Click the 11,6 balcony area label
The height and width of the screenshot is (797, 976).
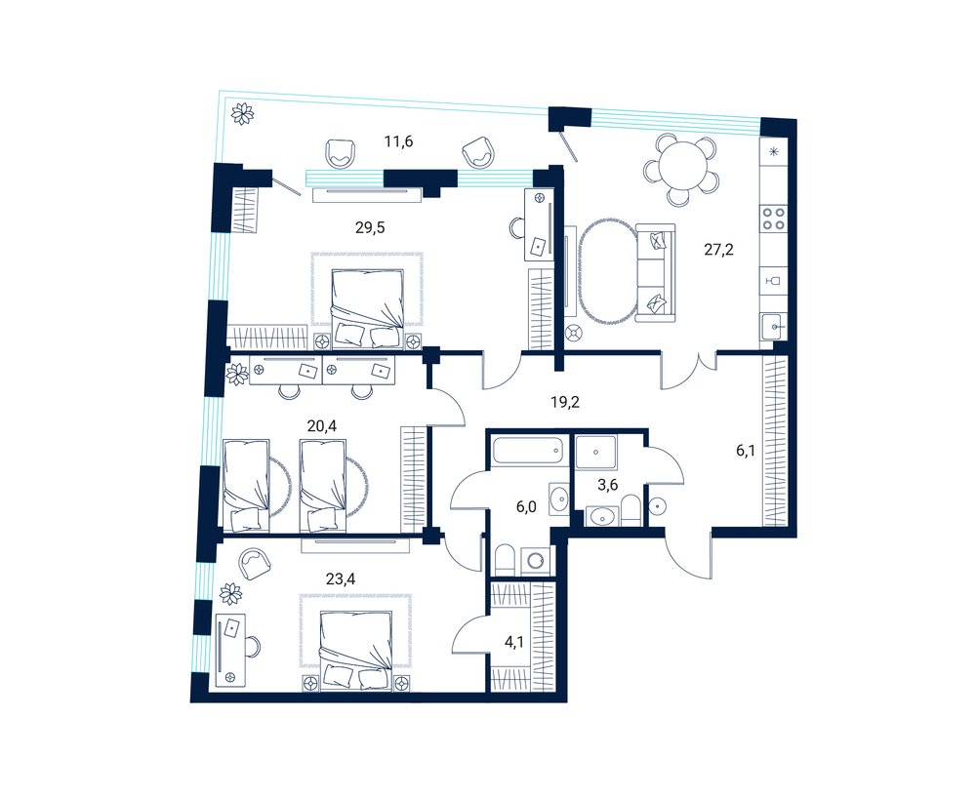pyautogui.click(x=398, y=141)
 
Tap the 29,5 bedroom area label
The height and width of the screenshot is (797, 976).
pyautogui.click(x=370, y=227)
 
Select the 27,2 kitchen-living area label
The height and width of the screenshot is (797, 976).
pyautogui.click(x=719, y=250)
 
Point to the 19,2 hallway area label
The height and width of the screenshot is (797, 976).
pyautogui.click(x=564, y=403)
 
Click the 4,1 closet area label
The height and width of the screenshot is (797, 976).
pyautogui.click(x=513, y=643)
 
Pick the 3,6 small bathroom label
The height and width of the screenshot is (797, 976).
pyautogui.click(x=607, y=485)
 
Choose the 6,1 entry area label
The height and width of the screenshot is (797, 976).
pyautogui.click(x=746, y=451)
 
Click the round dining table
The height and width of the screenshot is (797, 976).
pyautogui.click(x=683, y=165)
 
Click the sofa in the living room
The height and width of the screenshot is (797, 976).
pyautogui.click(x=656, y=274)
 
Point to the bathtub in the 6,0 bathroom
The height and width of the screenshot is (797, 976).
pyautogui.click(x=529, y=451)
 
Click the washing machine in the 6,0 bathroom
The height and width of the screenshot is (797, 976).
pyautogui.click(x=535, y=562)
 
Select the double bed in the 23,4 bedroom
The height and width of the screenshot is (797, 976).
pyautogui.click(x=355, y=647)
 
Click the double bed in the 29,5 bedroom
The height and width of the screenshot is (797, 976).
pyautogui.click(x=367, y=306)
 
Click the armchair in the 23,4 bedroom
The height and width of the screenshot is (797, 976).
pyautogui.click(x=255, y=563)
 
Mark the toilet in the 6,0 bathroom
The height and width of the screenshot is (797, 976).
pyautogui.click(x=505, y=561)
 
